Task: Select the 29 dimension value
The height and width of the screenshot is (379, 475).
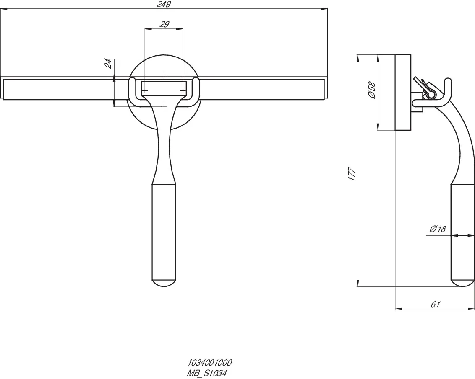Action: [x=164, y=24]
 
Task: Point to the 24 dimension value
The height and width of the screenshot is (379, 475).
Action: [x=108, y=63]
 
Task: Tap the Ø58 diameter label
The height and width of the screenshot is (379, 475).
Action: [x=372, y=90]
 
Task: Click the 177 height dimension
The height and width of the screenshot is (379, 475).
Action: [x=352, y=174]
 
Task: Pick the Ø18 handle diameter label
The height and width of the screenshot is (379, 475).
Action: [x=438, y=229]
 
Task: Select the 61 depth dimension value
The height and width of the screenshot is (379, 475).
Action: [x=435, y=304]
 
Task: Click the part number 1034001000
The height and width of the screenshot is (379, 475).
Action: [x=209, y=363]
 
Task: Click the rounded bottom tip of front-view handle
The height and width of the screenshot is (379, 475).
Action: [x=164, y=283]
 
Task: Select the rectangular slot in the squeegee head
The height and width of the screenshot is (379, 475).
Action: [x=164, y=87]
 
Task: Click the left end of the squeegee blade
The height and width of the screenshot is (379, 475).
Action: [x=3, y=88]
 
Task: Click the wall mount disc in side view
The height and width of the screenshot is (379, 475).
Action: [x=403, y=92]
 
